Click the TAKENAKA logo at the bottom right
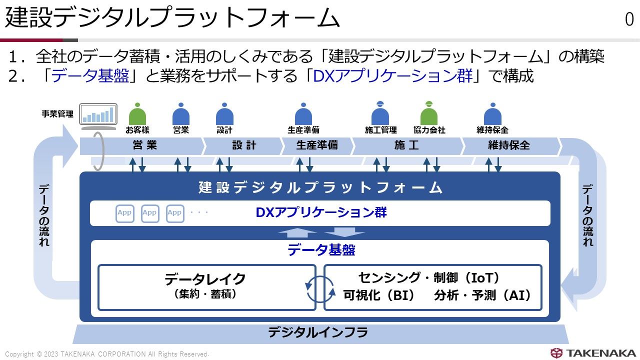pos(593,353)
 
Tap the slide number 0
pos(629,19)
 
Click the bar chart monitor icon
pos(98,115)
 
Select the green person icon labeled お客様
pos(137,114)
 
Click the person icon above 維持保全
pos(492,114)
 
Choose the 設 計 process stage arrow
pos(243,145)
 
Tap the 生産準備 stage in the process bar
pos(317,145)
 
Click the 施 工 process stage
pos(406,145)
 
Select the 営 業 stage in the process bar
pos(144,145)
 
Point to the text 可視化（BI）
pos(379,295)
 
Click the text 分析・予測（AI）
pos(482,295)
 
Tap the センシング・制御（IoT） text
pos(429,278)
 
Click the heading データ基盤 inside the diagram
pos(321,250)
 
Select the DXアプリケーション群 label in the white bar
pos(321,212)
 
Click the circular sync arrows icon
pos(320,287)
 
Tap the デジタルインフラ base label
pos(318,332)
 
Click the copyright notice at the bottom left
pos(107,354)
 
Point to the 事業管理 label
pos(57,114)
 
